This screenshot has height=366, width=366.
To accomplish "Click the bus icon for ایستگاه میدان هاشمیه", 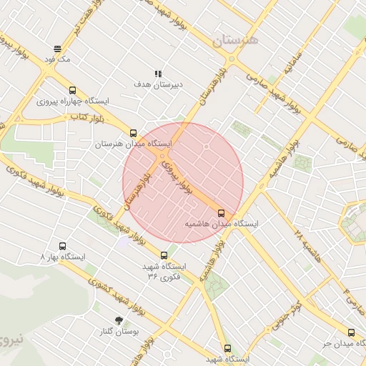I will [221, 213].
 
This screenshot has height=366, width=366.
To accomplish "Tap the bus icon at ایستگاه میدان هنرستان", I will [133, 133].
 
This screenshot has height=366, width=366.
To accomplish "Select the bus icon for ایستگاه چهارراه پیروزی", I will [72, 91].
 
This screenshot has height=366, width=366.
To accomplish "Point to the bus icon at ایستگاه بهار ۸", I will [63, 246].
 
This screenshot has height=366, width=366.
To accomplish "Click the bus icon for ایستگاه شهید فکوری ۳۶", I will [164, 254].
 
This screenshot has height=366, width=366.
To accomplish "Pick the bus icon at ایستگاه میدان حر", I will [350, 332].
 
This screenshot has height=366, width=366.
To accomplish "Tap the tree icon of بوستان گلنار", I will [118, 320].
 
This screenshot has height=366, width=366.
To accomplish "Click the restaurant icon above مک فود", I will [57, 49].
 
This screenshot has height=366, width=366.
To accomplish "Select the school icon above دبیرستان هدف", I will [158, 74].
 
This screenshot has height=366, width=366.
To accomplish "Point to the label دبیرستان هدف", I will [158, 84].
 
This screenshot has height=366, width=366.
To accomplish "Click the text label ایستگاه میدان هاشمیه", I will [222, 224].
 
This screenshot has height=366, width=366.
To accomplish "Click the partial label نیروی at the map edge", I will [12, 339].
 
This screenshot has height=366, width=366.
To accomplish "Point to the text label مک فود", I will [57, 59].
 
